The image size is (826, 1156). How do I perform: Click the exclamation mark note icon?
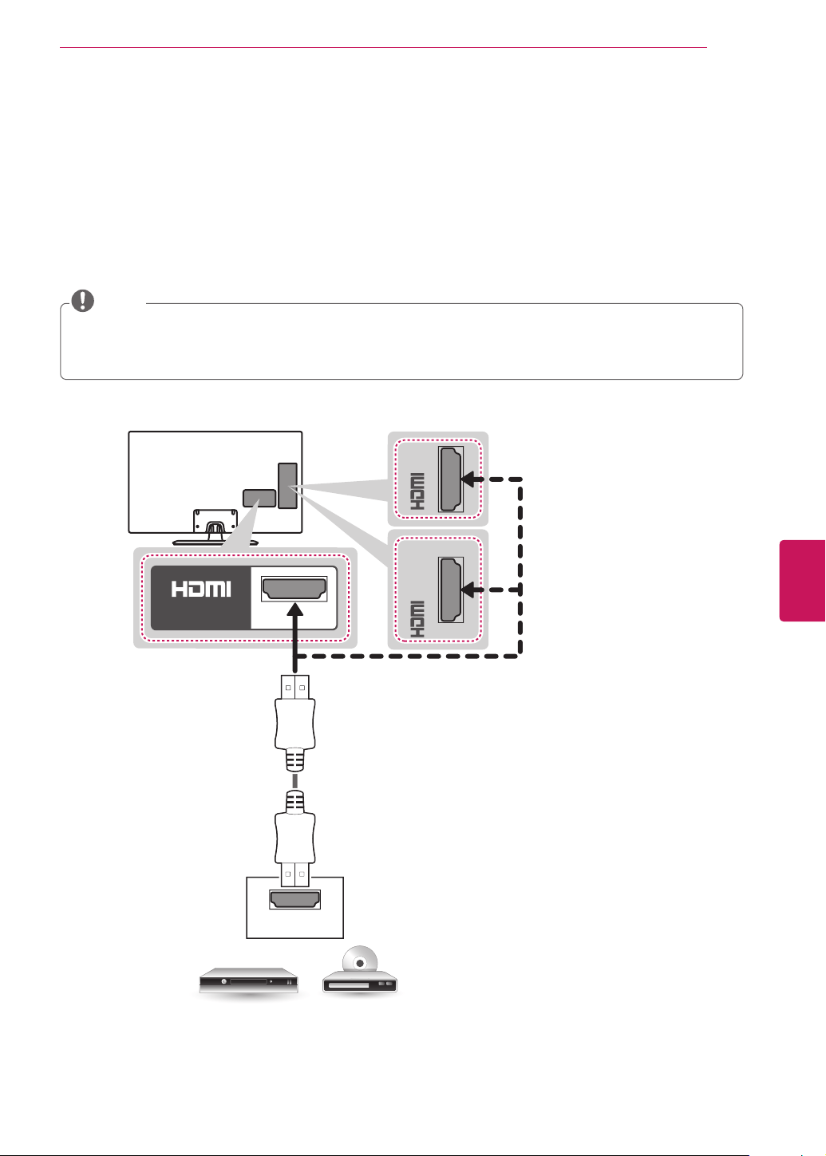83,300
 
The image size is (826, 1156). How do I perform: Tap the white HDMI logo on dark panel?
201,589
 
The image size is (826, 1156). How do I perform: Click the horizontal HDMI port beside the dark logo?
294,589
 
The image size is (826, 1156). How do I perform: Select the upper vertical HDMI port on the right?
451,479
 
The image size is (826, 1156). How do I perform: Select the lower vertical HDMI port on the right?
451,590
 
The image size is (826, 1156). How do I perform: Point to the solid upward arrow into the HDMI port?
294,637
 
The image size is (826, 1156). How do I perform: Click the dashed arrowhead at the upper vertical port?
468,479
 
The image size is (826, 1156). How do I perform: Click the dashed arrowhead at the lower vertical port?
468,590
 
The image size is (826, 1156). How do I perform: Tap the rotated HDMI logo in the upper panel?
417,491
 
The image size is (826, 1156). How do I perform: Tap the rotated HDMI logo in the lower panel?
417,619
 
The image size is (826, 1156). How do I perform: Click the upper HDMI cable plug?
294,723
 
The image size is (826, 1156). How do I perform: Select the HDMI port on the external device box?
294,900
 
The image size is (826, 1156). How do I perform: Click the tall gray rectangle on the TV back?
287,486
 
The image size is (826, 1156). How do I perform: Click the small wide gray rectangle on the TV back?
259,498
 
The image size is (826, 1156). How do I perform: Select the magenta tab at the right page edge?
802,581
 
